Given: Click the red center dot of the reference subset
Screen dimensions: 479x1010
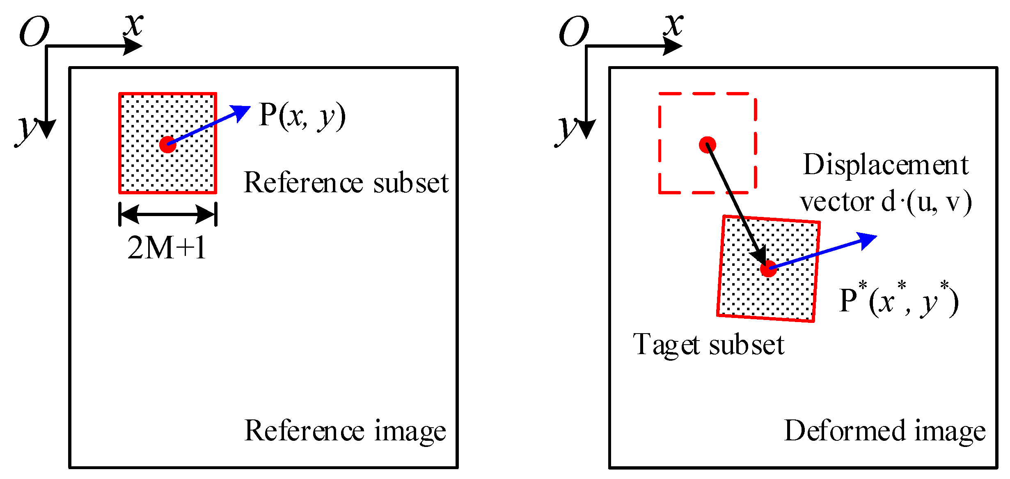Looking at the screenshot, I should (167, 145).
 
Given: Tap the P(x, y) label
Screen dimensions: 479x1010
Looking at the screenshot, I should (302, 116).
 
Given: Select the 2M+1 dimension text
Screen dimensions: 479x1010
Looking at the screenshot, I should (167, 248).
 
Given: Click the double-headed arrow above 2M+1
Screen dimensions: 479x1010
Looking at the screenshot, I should (167, 214).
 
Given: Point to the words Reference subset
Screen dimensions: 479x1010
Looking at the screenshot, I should (346, 183).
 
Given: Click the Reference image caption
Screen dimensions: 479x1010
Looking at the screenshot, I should (345, 431).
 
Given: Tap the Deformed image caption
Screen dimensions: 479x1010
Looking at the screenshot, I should (884, 431).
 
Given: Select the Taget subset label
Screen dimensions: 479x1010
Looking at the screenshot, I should (708, 345).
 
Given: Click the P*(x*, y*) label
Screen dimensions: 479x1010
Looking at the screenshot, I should (899, 301).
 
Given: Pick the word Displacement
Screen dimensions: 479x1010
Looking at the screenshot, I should (886, 165).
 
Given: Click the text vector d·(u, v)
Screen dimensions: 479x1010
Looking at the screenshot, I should (886, 202).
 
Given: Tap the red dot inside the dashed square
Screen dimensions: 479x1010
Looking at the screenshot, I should (708, 145).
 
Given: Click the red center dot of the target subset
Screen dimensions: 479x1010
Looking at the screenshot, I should (768, 269).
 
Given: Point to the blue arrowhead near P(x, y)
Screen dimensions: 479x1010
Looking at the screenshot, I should (241, 111).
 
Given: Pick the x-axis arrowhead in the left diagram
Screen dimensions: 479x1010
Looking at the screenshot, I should (133, 46).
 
